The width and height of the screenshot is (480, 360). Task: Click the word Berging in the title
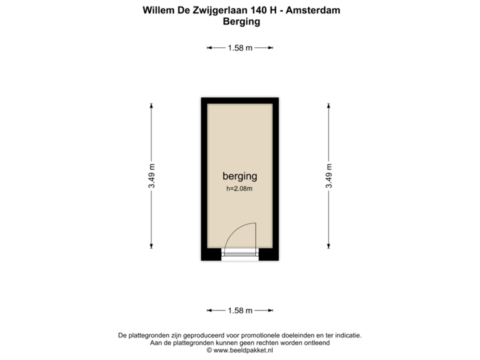pos(240,21)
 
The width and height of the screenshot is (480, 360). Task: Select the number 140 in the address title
pos(259,11)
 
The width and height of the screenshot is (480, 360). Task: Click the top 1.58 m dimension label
pos(240,47)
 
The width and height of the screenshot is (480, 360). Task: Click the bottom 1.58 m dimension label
pos(240,311)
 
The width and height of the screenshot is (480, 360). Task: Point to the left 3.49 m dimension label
pos(152,176)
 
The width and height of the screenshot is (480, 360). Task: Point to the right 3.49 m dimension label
pos(329,176)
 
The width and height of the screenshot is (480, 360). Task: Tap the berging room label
pos(240,176)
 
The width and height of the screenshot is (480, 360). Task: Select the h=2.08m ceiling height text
pos(240,189)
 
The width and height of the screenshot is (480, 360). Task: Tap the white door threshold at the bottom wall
pos(240,255)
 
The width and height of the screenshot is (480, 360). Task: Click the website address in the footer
pos(240,349)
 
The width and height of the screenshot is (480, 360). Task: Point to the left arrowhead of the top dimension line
pos(208,47)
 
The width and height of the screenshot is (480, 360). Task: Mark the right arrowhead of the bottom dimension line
pos(272,311)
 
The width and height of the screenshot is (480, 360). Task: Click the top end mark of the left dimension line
pos(152,104)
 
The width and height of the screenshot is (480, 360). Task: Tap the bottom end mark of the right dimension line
pos(329,247)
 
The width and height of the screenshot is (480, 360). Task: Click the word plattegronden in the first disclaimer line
pos(149,335)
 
